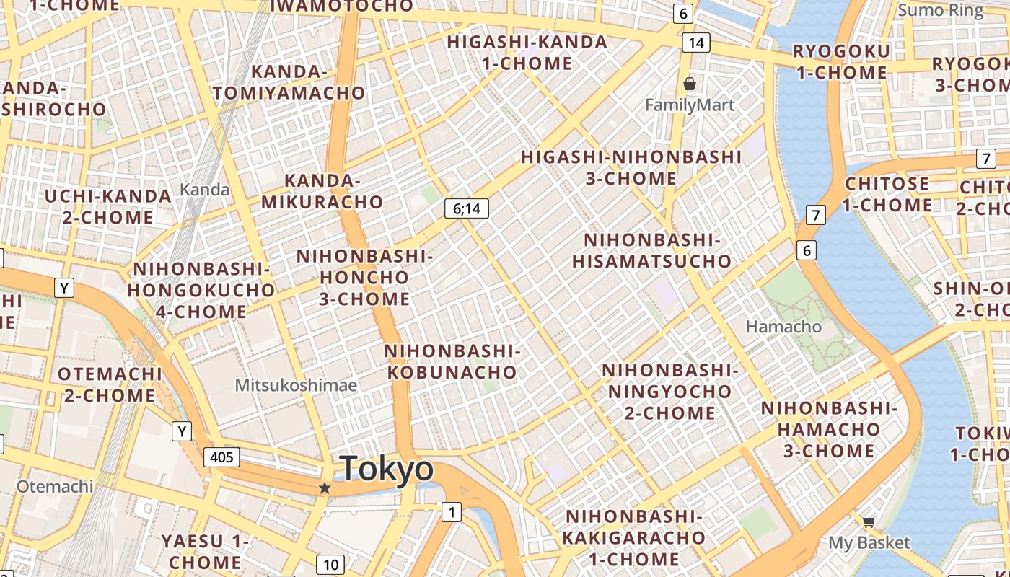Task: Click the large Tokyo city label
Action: (x=387, y=469)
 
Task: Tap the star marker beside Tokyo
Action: (x=325, y=488)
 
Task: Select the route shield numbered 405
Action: (x=221, y=457)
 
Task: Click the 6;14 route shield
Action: (x=467, y=209)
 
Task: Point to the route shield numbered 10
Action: (x=330, y=565)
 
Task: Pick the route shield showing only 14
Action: (x=695, y=43)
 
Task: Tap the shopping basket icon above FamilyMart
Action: (x=690, y=84)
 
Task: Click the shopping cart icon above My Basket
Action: (x=869, y=521)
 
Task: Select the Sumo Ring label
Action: (x=940, y=11)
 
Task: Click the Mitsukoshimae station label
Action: (x=296, y=385)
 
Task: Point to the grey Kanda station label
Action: (x=205, y=190)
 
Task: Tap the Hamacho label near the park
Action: (x=783, y=327)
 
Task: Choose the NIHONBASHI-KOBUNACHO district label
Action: (x=452, y=361)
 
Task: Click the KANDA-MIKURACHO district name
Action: (x=322, y=191)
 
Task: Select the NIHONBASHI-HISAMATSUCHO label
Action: (x=652, y=250)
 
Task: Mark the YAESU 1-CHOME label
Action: (x=206, y=551)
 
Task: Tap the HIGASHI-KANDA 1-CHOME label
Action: (x=527, y=53)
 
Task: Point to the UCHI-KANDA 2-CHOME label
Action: (x=108, y=206)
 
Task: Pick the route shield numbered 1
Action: (x=452, y=513)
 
